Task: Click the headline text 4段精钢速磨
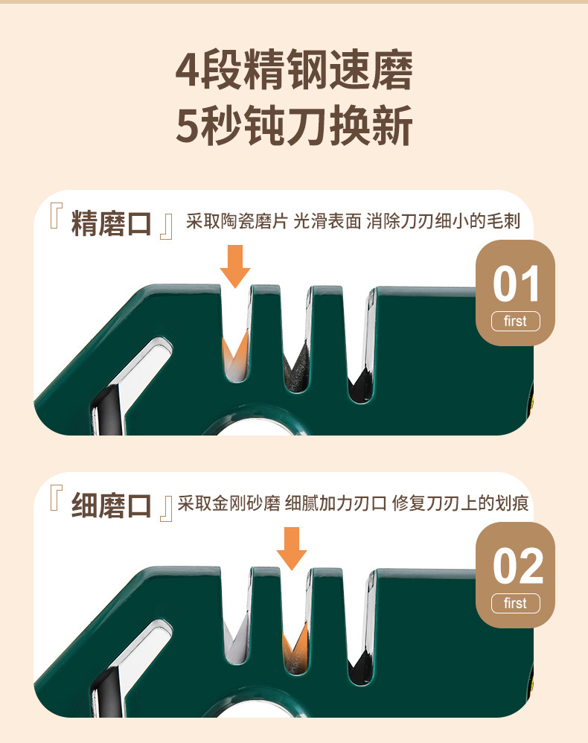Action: [x=294, y=72]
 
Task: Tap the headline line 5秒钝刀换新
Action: [x=294, y=127]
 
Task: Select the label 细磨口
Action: [x=111, y=506]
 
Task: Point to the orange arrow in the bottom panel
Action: [x=292, y=548]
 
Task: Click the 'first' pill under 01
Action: [x=515, y=322]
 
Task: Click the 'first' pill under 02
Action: [x=515, y=603]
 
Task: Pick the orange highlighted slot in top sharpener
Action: [x=235, y=354]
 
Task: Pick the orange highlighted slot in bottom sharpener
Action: [x=295, y=640]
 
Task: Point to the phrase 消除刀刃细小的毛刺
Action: [x=444, y=222]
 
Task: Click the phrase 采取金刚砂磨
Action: [x=229, y=504]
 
